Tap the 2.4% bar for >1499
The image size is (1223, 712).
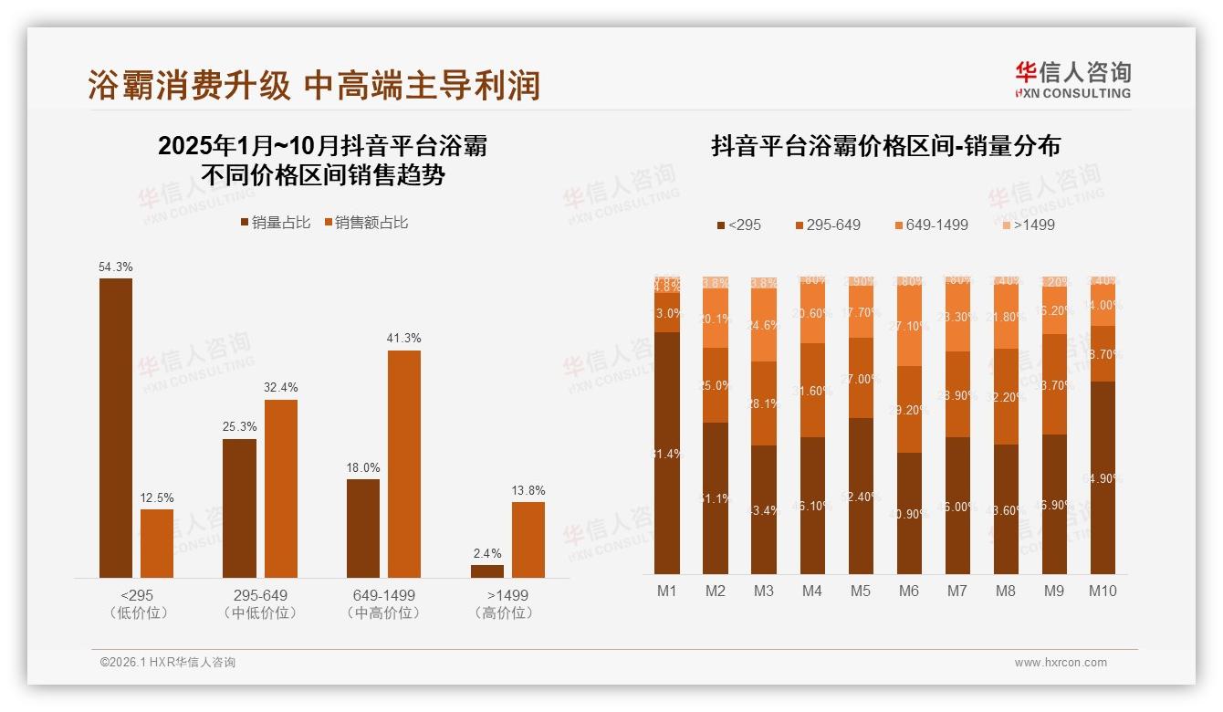(487, 571)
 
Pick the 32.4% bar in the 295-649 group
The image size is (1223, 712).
(281, 488)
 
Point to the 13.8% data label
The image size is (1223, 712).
(528, 490)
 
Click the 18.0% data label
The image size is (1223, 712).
(363, 467)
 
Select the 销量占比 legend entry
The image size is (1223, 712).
(275, 223)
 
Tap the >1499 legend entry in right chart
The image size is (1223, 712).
(1027, 225)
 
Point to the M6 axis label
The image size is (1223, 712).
(908, 591)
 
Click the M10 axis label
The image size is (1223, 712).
(1103, 591)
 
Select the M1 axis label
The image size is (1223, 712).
(667, 591)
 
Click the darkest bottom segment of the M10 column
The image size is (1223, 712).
(1103, 477)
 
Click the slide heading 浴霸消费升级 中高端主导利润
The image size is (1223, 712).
(314, 85)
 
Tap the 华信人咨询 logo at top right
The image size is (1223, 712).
(1072, 79)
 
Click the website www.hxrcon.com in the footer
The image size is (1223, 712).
(1061, 663)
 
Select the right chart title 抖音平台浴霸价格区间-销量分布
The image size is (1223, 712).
(885, 146)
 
